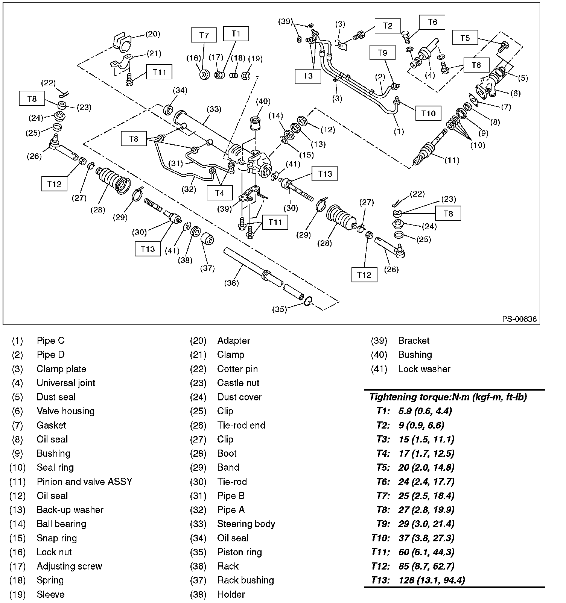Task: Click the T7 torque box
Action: click(204, 36)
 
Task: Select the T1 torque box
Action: click(236, 33)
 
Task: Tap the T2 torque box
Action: click(388, 26)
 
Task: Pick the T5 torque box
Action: click(465, 38)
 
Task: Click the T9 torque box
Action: click(382, 53)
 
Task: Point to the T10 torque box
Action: click(428, 114)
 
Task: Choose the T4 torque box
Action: click(219, 193)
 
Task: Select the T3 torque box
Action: click(308, 76)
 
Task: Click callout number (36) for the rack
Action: click(231, 283)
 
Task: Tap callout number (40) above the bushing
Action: click(263, 101)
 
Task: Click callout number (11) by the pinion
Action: click(452, 160)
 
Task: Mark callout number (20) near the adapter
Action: click(152, 34)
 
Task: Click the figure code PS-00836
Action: click(519, 319)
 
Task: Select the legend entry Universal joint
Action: click(66, 383)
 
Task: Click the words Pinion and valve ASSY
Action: click(84, 482)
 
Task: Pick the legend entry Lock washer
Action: click(424, 369)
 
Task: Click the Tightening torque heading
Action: click(448, 397)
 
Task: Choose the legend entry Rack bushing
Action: click(245, 580)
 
